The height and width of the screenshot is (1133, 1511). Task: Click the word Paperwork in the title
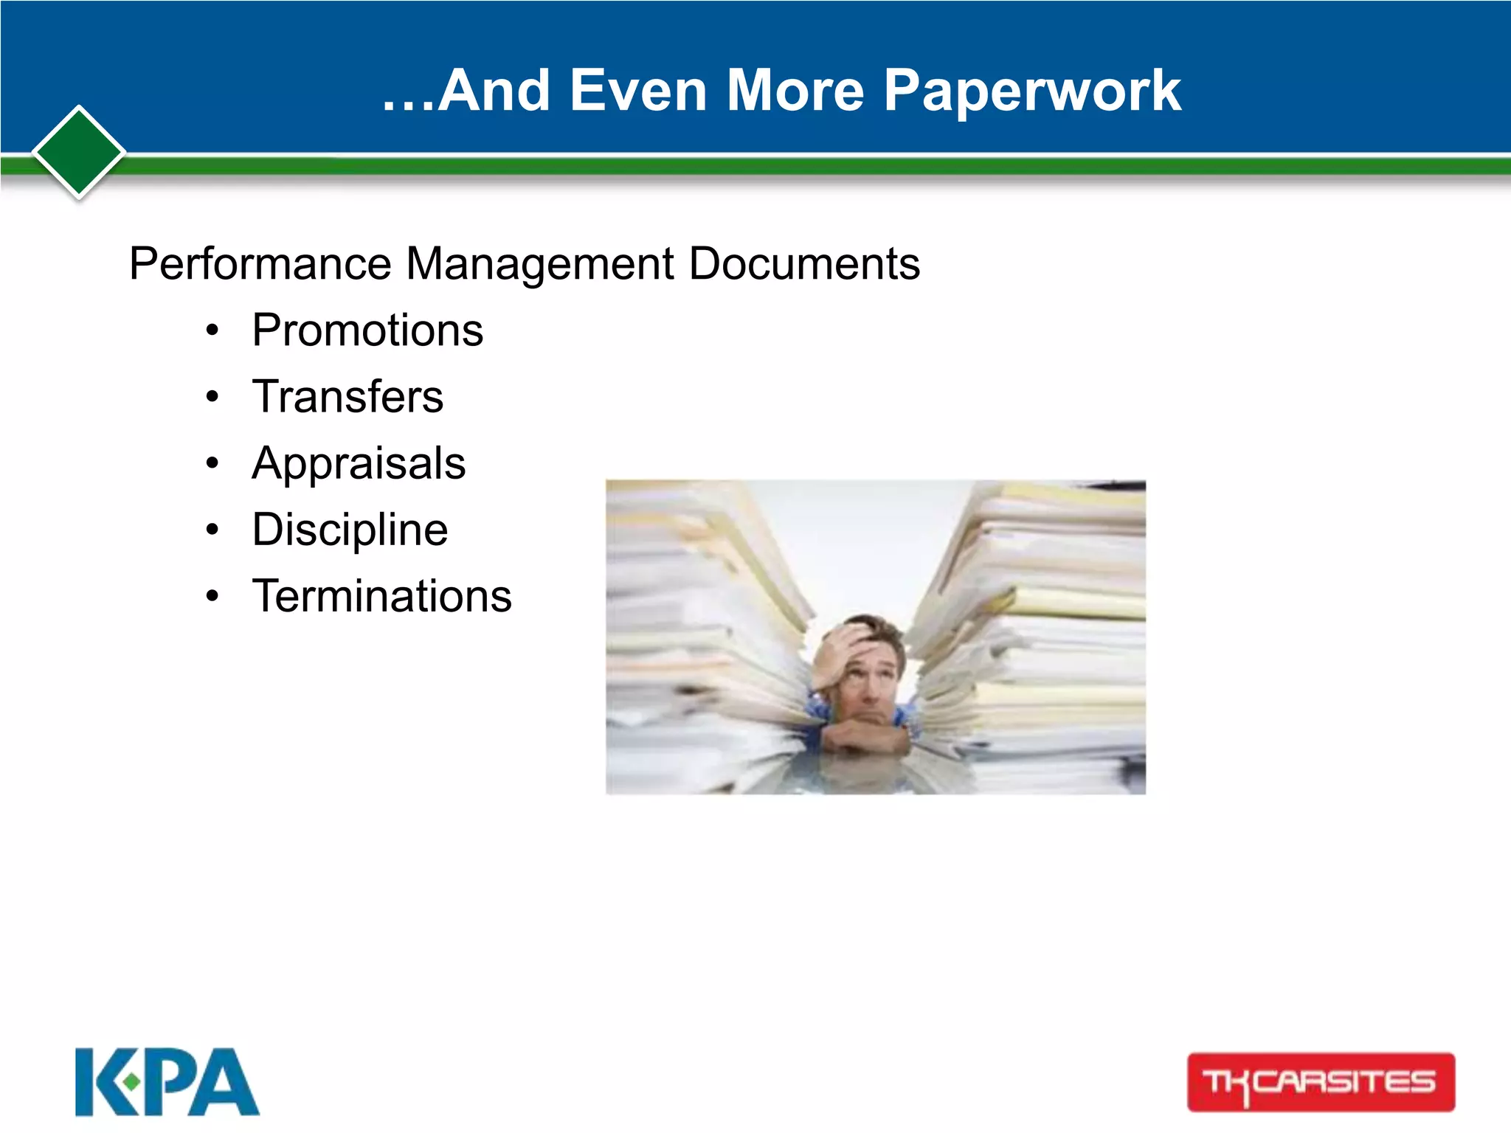[1032, 91]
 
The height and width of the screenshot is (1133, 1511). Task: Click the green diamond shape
[79, 153]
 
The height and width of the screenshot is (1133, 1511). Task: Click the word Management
[540, 264]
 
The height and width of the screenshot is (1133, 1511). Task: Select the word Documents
[804, 264]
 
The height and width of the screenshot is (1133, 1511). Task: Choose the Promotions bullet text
[367, 330]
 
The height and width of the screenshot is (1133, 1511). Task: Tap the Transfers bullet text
[348, 396]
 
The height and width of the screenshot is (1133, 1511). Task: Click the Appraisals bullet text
[359, 463]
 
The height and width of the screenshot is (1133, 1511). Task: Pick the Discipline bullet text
[350, 530]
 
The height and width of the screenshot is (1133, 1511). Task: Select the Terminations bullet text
[381, 596]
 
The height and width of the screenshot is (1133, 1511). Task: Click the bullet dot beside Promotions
[212, 331]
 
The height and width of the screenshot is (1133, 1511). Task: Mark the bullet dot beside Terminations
[212, 597]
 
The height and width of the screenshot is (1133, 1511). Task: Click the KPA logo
[167, 1082]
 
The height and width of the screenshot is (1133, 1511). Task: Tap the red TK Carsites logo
[1321, 1082]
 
